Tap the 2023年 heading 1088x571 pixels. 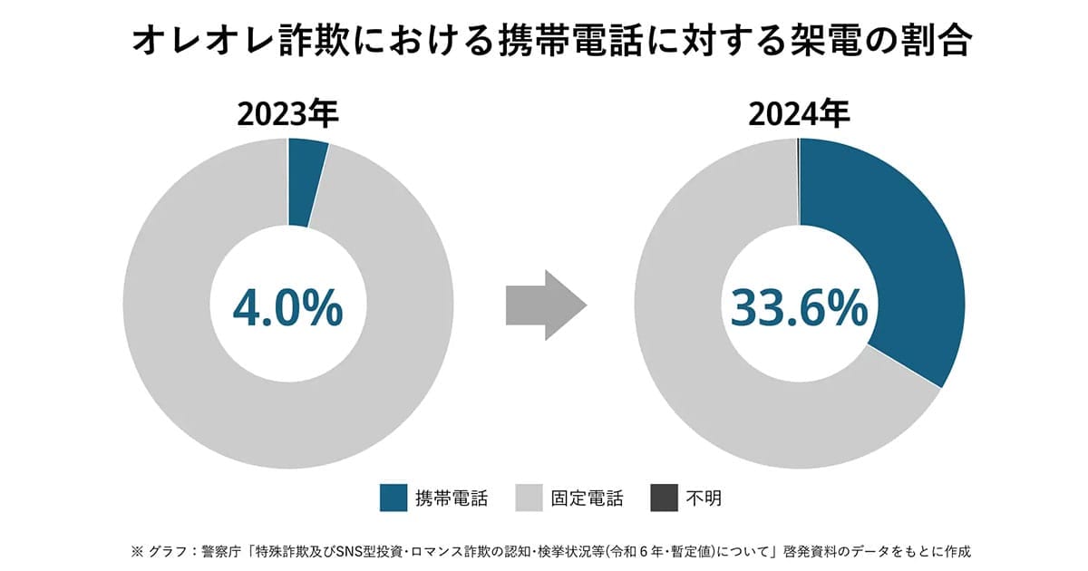(287, 114)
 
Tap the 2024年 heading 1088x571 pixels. (799, 114)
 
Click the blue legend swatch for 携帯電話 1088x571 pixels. (394, 498)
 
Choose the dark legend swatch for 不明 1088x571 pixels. (665, 498)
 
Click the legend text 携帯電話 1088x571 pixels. (452, 498)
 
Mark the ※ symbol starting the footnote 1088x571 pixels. (138, 550)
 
